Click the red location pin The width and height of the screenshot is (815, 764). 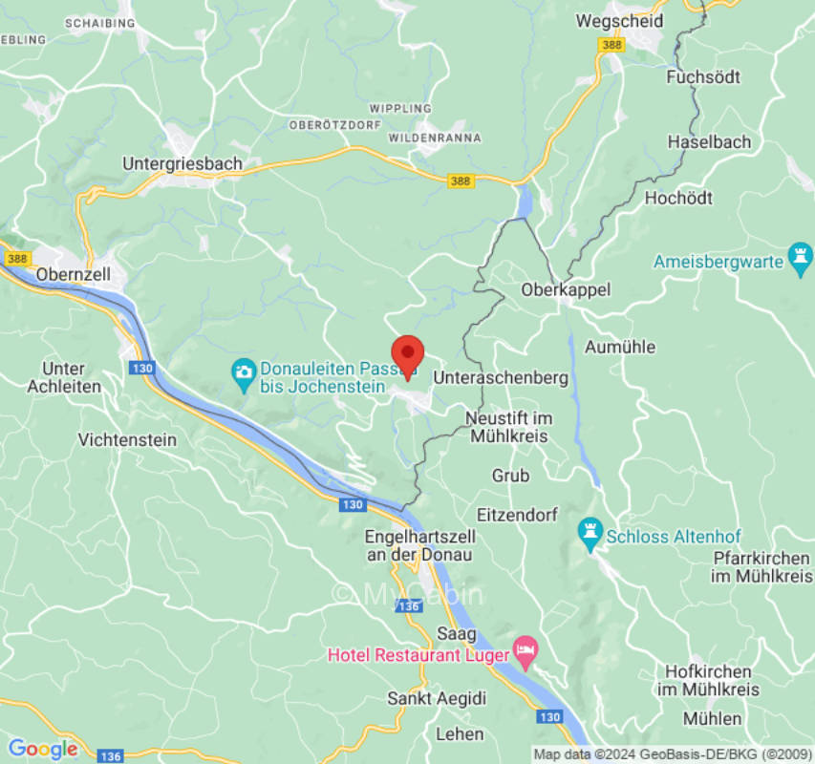(x=408, y=355)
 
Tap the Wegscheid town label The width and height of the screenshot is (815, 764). (x=619, y=20)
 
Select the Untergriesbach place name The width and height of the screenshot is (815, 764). (x=182, y=164)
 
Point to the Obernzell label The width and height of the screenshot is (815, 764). (x=75, y=274)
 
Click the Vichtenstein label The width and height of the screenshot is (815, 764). (x=127, y=440)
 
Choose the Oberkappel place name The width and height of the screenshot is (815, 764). (x=566, y=289)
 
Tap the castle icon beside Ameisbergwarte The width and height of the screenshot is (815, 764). (x=800, y=258)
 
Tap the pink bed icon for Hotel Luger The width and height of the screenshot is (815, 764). (x=525, y=653)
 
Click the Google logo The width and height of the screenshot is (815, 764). (x=42, y=749)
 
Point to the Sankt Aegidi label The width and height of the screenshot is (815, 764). (x=437, y=698)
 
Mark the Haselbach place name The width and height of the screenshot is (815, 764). (x=709, y=142)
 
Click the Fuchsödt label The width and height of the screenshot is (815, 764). (x=705, y=77)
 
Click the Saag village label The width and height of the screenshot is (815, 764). (x=456, y=634)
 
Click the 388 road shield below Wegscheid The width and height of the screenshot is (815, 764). (x=611, y=45)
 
